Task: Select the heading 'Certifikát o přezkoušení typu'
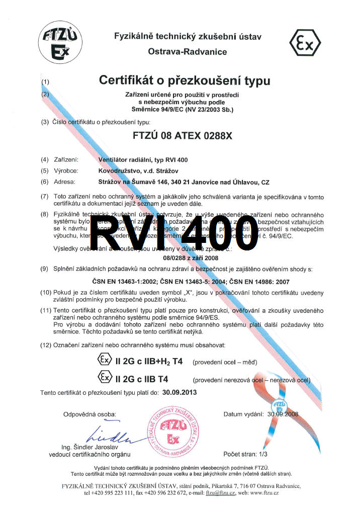tap(185, 80)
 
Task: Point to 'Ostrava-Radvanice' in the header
tap(187, 52)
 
